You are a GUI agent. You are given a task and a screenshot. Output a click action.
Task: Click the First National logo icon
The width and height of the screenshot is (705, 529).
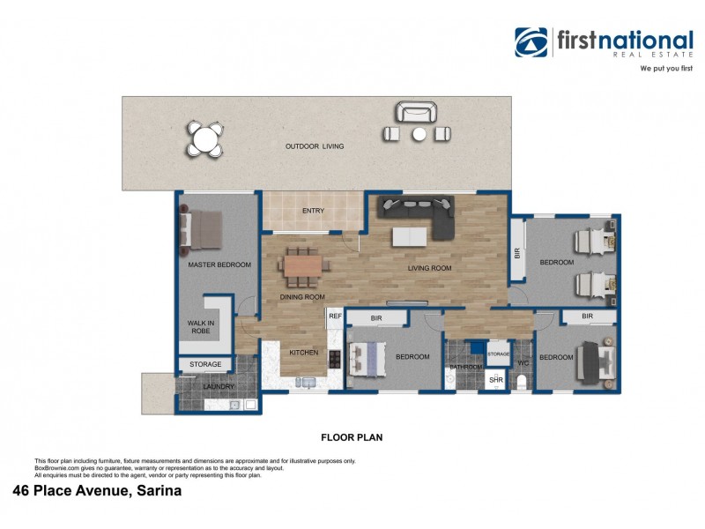(532, 42)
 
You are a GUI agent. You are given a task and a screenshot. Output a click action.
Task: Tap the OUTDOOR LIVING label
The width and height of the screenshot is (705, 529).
(314, 146)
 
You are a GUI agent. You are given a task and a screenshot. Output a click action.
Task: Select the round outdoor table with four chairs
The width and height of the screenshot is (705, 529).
(204, 139)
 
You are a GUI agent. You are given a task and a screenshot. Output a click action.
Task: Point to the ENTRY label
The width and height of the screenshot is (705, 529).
(313, 211)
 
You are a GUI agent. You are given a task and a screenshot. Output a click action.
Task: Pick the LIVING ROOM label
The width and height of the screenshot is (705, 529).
(429, 269)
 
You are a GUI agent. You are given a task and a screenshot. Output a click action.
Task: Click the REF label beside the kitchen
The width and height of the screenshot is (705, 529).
(335, 316)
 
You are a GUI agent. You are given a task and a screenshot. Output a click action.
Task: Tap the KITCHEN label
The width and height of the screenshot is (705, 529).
(304, 353)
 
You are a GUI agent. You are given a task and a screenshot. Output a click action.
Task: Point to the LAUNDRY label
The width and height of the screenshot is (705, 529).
(219, 386)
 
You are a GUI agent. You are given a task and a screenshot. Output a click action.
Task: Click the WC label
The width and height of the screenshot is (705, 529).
(522, 362)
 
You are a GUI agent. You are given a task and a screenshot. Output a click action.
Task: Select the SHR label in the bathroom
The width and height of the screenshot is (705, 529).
(495, 381)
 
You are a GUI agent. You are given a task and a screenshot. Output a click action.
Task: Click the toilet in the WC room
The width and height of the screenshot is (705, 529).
(521, 382)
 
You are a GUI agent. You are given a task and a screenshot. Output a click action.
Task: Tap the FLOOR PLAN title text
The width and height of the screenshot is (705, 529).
(351, 436)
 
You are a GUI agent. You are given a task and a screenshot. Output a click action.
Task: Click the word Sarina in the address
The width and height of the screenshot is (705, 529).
(157, 491)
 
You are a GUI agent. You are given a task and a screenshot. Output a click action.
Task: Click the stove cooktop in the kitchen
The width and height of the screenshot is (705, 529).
(335, 358)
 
